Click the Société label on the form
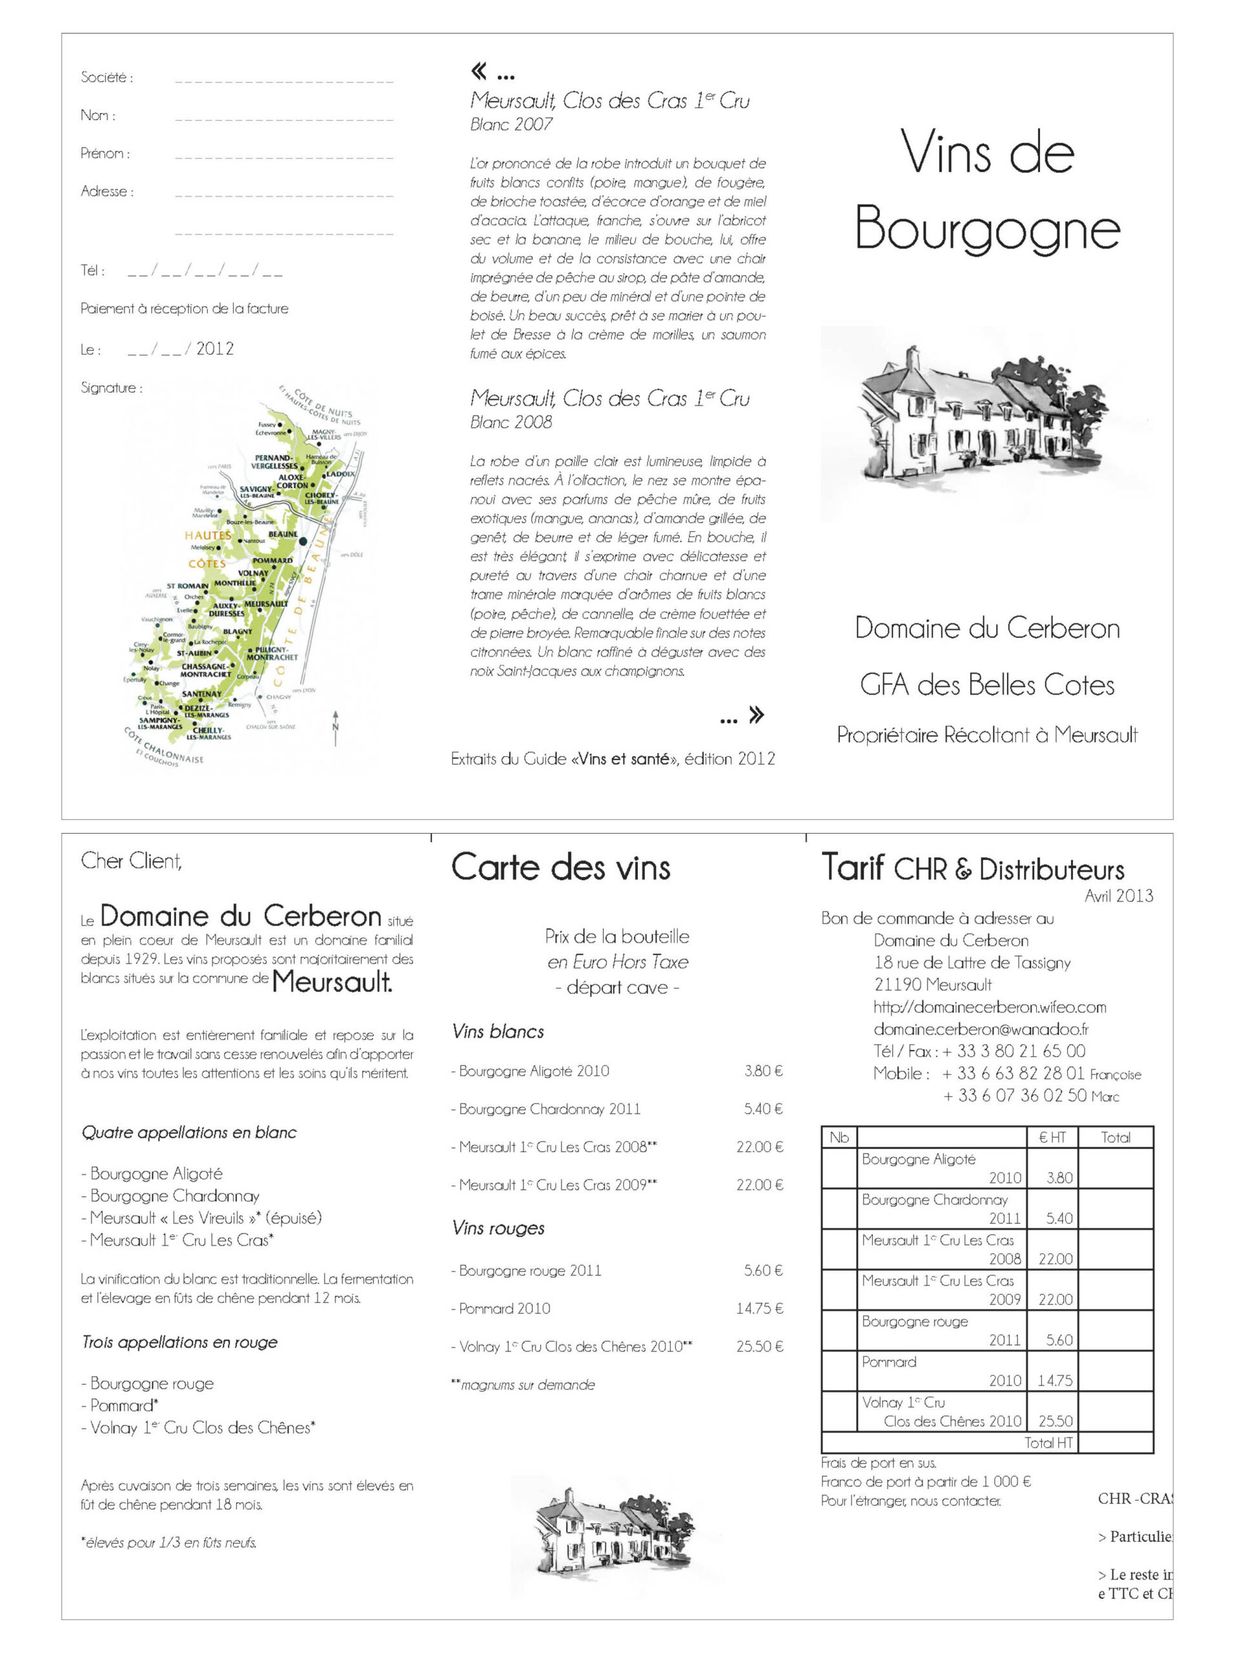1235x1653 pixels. [x=107, y=77]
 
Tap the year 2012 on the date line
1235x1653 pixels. [x=214, y=348]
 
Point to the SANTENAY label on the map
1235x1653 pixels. [x=201, y=693]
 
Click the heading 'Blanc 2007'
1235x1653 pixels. [x=511, y=124]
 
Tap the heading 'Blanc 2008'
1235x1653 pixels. [x=511, y=422]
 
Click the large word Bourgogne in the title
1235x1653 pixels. [x=987, y=229]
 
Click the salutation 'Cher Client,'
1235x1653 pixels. [x=132, y=861]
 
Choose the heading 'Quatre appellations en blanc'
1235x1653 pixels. [x=189, y=1132]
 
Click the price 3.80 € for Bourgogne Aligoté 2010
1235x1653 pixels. [x=763, y=1071]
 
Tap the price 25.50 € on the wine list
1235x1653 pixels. [x=759, y=1346]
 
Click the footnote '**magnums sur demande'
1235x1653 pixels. [x=523, y=1385]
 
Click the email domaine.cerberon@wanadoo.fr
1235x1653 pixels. [x=980, y=1029]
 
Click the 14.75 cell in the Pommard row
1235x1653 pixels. [x=1054, y=1381]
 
